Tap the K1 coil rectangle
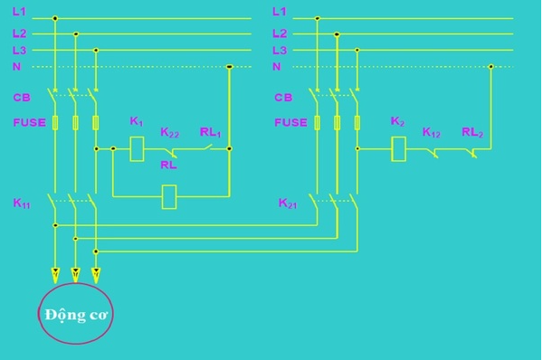coord(138,147)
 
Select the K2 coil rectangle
coord(397,148)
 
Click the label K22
coord(169,132)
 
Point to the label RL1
coord(210,131)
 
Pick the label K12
coord(431,132)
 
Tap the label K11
coord(22,204)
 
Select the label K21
coord(288,204)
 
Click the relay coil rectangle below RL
coord(169,196)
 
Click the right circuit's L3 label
coord(279,51)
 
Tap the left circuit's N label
coord(17,66)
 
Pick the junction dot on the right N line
coord(491,66)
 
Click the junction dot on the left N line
coord(229,66)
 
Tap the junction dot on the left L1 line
coord(55,17)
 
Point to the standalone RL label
coord(168,166)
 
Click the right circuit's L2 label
coord(279,33)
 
